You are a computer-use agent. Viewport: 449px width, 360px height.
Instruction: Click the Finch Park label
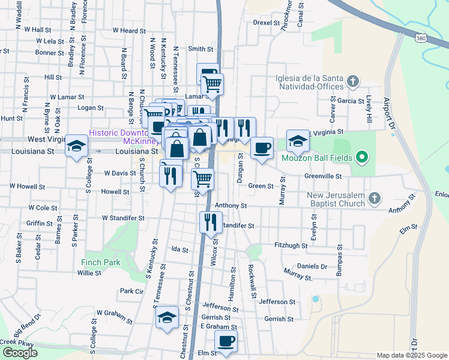coord(101,262)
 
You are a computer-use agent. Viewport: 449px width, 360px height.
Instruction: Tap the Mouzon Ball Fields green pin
coord(361,158)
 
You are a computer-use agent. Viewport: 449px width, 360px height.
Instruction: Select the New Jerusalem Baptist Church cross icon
coord(374,197)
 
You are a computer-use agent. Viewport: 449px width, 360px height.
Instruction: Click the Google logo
coord(20,353)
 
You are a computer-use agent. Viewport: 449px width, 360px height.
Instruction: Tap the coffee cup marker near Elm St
coord(226,342)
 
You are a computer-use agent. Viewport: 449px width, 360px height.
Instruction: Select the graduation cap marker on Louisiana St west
coord(77,146)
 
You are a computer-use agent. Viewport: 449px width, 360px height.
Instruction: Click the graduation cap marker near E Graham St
coord(167,318)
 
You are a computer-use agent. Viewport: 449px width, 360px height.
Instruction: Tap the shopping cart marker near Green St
coord(203,179)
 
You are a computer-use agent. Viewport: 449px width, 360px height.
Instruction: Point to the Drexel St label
coord(267,23)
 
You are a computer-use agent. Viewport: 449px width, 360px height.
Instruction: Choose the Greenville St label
coord(322,176)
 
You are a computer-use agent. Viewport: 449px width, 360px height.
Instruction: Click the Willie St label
coord(89,272)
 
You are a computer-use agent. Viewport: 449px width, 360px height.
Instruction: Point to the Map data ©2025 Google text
coord(411,355)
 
